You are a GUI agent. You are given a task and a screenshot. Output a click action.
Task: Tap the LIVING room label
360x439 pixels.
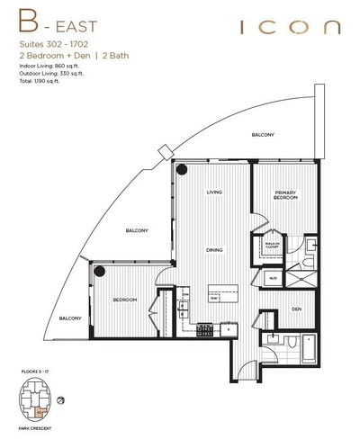[x=214, y=193]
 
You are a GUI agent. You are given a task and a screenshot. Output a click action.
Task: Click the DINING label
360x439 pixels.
[x=214, y=250]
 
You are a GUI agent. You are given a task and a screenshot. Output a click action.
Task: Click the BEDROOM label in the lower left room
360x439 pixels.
[x=124, y=300]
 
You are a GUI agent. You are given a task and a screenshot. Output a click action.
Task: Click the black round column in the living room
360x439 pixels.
[x=183, y=170]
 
